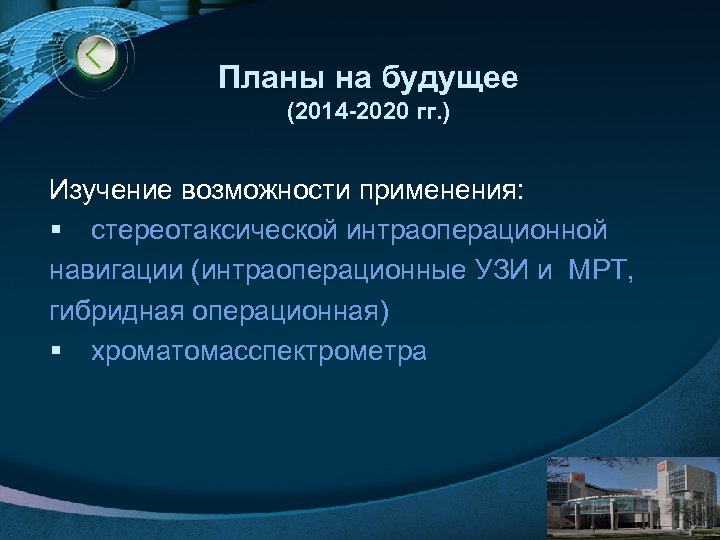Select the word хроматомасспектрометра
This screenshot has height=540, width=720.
point(258,351)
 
